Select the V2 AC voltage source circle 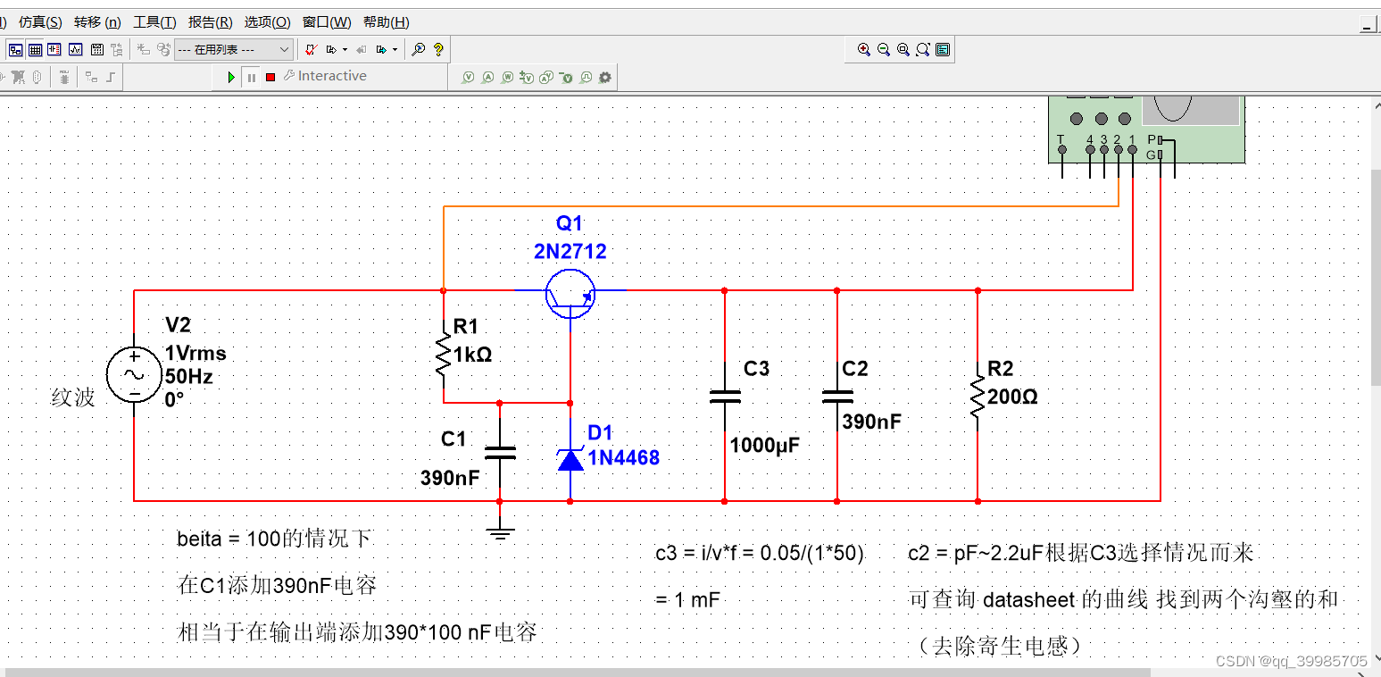(x=134, y=375)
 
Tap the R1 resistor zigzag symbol (x=444, y=355)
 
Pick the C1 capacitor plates (x=499, y=453)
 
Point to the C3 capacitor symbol (x=724, y=397)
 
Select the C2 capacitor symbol (x=836, y=397)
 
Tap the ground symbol (x=500, y=534)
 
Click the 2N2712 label (x=570, y=252)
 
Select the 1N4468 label (x=623, y=458)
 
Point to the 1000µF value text (x=764, y=445)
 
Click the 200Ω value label (x=1012, y=397)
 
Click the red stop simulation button (x=270, y=78)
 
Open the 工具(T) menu (x=154, y=22)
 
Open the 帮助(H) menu (x=386, y=22)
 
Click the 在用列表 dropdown (x=233, y=50)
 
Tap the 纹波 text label (x=73, y=397)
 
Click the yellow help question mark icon (x=437, y=50)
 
